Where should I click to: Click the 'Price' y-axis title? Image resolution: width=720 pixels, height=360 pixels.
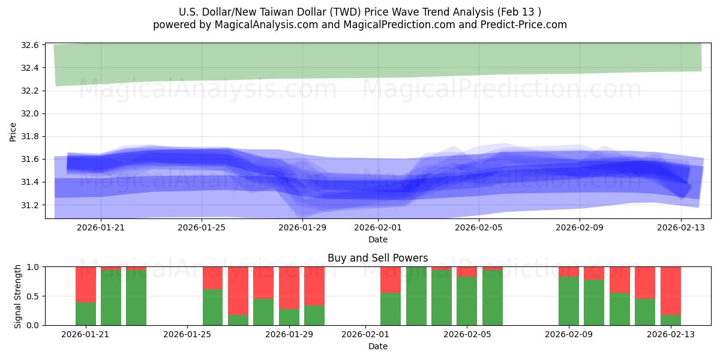[13, 131]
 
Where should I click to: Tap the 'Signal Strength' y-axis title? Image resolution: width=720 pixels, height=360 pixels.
[18, 296]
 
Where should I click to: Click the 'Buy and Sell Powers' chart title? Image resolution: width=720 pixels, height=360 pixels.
[377, 258]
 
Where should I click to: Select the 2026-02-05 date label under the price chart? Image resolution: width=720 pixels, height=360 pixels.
[478, 227]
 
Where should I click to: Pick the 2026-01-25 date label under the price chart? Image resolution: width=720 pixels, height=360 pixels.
[202, 227]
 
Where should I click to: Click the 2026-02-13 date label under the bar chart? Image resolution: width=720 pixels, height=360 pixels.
[670, 334]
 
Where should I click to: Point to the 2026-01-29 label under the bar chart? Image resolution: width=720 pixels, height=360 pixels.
[289, 334]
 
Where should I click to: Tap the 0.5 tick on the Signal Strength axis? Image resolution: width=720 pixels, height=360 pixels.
[31, 296]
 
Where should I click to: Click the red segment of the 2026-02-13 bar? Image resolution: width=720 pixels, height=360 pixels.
[670, 290]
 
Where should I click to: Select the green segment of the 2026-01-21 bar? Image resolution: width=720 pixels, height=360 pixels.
[86, 314]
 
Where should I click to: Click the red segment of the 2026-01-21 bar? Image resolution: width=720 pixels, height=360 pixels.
[86, 284]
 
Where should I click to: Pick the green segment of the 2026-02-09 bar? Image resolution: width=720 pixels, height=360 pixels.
[568, 301]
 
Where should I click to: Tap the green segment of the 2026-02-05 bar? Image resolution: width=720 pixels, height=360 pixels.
[467, 301]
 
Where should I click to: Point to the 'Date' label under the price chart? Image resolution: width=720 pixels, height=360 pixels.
[377, 239]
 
